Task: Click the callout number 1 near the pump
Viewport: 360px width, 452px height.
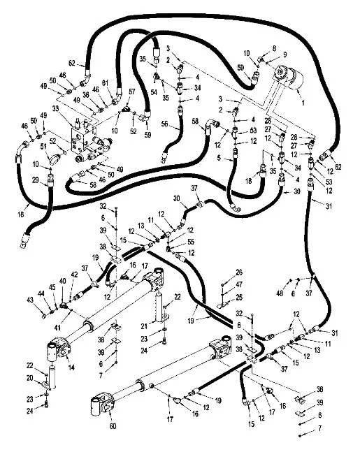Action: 303,103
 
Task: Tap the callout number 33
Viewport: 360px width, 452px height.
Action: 56,108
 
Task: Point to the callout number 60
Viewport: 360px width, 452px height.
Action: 113,425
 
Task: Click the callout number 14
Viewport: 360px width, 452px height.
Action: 71,367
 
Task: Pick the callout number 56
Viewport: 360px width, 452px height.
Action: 164,124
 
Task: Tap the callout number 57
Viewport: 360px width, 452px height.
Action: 132,92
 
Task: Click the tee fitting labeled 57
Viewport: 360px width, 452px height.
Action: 127,109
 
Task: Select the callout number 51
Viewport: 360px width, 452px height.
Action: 43,147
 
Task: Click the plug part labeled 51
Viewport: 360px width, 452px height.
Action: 54,159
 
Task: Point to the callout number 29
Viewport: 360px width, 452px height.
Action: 36,180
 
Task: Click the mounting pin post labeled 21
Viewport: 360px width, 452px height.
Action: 161,307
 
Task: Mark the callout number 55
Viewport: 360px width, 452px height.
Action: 191,242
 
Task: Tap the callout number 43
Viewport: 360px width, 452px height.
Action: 30,300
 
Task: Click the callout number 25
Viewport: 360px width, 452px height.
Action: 239,297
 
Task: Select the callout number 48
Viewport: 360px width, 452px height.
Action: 280,293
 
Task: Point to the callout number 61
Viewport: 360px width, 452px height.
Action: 105,82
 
